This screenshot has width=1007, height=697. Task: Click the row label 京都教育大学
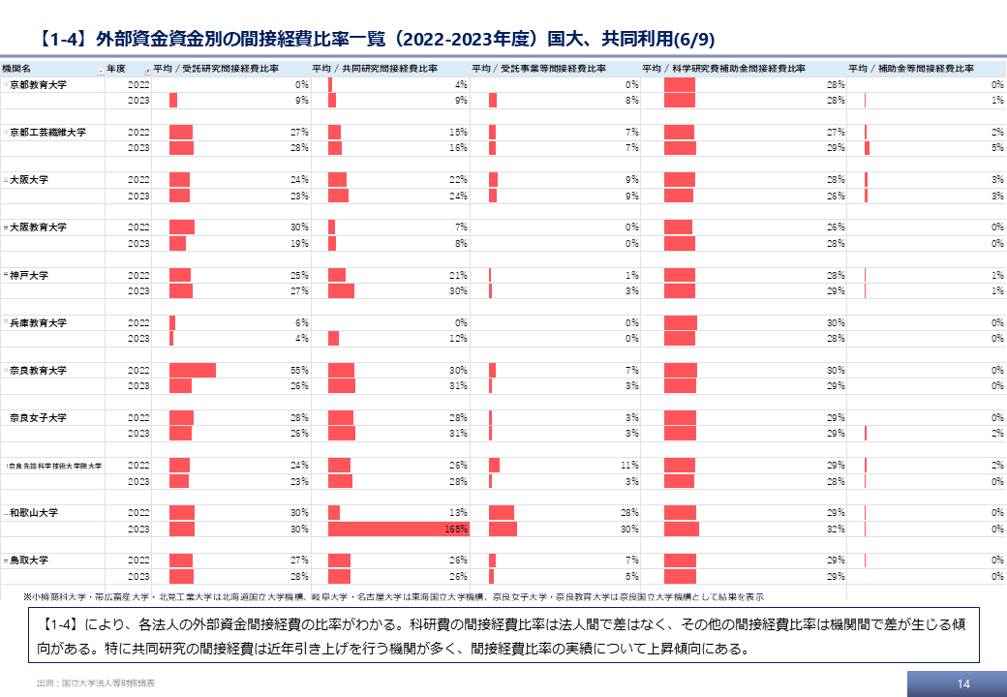pos(39,85)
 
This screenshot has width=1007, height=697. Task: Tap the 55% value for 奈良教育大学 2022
pos(299,371)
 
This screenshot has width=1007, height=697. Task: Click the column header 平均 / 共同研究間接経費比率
pos(375,69)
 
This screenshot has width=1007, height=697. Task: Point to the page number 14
pos(962,683)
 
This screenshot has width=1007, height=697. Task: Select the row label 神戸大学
pos(29,275)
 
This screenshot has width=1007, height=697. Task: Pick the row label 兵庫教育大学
pos(39,322)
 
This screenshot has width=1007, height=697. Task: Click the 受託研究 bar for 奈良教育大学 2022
pos(193,370)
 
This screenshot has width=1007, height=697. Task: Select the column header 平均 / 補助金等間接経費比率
pos(910,69)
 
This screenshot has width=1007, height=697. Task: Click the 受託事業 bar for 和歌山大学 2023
pos(503,529)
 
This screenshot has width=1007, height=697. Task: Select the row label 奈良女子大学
pos(39,418)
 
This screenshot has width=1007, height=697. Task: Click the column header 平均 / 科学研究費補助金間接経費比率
pos(724,69)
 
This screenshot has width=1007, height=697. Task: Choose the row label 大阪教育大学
pos(39,227)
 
